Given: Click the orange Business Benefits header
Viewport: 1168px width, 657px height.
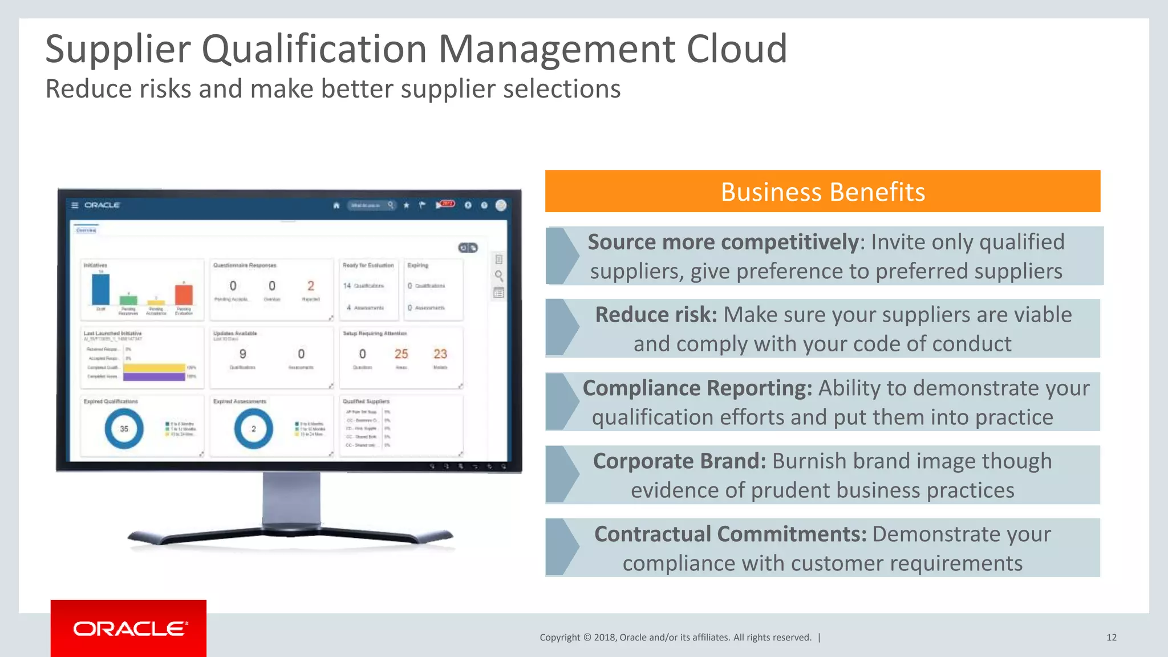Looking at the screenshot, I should coord(822,192).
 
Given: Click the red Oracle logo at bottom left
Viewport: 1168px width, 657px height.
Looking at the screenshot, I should coord(129,628).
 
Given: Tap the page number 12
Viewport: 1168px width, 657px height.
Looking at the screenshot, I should coord(1111,638).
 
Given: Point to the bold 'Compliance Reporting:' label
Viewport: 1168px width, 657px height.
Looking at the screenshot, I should coord(697,388).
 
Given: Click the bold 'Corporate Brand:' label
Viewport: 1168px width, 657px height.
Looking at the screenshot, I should coord(679,461).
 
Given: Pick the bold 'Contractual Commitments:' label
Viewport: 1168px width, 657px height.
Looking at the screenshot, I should coord(730,534).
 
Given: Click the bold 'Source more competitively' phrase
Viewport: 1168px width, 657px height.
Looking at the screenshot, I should coord(723,242).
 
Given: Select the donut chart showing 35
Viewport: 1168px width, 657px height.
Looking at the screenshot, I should coord(124,428).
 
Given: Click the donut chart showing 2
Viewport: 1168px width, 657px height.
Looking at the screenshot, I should coord(254,428).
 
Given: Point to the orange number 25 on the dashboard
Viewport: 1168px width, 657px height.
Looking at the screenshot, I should coord(401,354).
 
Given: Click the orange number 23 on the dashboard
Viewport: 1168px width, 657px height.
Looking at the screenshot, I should coord(440,354).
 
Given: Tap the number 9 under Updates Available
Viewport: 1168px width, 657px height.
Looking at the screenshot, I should coord(243,354).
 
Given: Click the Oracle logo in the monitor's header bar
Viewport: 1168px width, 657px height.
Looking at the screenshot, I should coord(102,205).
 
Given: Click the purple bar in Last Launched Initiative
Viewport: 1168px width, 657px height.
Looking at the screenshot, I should coord(154,376).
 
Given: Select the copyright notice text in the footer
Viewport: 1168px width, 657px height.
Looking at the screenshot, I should coord(675,638).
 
